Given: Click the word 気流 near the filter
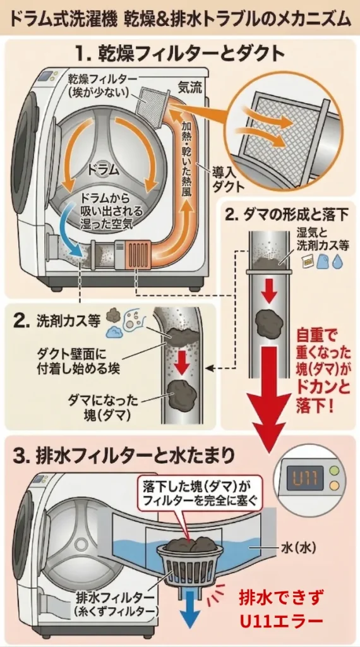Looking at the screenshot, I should click(x=189, y=88).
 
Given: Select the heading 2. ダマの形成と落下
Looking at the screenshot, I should click(x=291, y=214).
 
